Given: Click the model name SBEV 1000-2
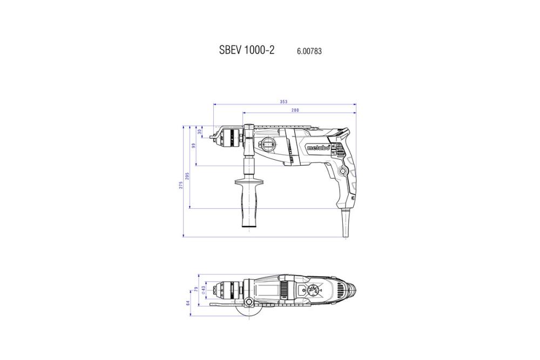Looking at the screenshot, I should point(247,50).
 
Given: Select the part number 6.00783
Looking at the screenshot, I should point(309,51).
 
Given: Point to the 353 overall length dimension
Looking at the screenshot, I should point(284,102).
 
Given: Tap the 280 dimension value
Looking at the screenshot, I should point(295,111).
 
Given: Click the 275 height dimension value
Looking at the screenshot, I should point(182,185).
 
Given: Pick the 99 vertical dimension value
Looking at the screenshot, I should point(194,146).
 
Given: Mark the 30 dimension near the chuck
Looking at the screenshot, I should point(200,131).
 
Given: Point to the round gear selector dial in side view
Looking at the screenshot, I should point(268,145).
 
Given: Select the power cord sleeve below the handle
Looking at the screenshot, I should point(345,222).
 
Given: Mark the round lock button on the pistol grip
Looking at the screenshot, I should point(342,171).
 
